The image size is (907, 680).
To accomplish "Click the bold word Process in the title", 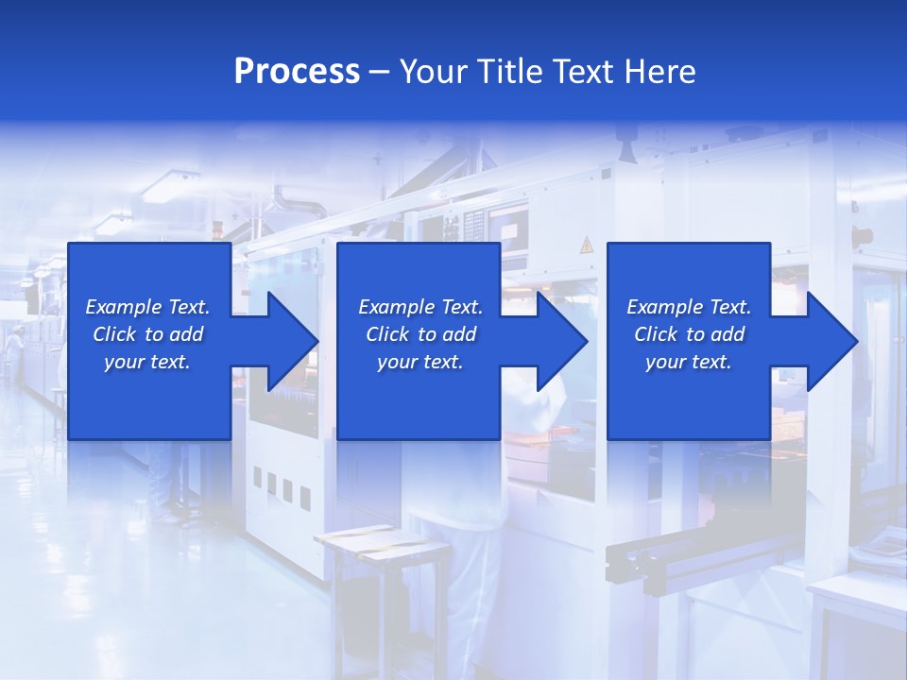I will pyautogui.click(x=297, y=72).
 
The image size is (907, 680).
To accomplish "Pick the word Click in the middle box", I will pyautogui.click(x=387, y=334).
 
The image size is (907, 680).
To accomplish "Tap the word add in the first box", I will pyautogui.click(x=187, y=334).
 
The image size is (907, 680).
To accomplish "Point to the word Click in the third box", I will pyautogui.click(x=656, y=334).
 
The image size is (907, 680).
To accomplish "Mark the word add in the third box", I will pyautogui.click(x=728, y=334).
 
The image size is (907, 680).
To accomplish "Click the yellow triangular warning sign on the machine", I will pyautogui.click(x=586, y=246).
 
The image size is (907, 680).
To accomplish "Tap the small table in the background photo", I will pyautogui.click(x=359, y=543).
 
